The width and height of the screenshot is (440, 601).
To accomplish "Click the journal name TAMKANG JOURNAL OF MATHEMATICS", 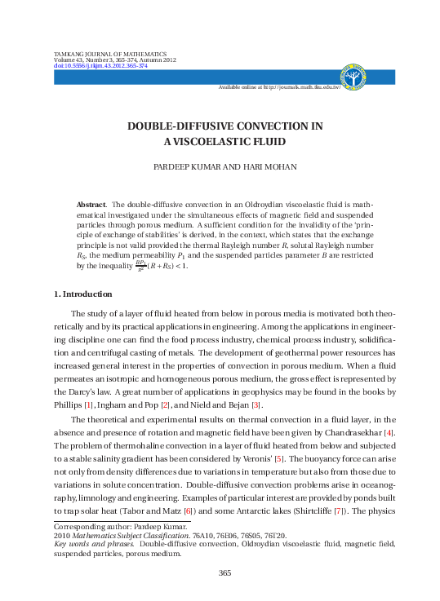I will (x=109, y=54).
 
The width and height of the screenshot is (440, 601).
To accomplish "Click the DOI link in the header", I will (x=100, y=66).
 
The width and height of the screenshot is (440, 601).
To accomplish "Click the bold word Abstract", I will (x=91, y=205).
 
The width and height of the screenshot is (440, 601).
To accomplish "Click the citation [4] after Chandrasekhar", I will (x=390, y=431).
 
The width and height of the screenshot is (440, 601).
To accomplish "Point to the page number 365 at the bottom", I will (x=225, y=573).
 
